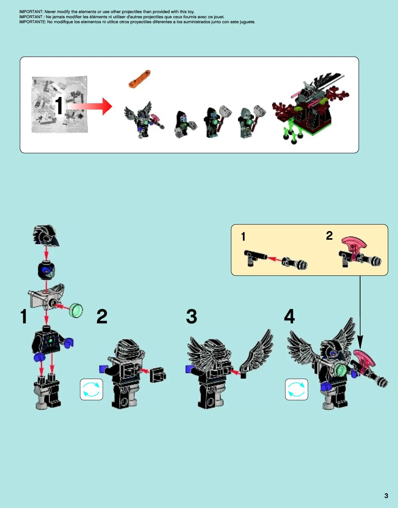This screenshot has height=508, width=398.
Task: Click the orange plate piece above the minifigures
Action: (139, 79)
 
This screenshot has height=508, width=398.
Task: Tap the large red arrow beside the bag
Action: (90, 106)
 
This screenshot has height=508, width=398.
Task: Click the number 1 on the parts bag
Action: (59, 106)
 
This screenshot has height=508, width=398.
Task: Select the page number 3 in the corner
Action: (386, 496)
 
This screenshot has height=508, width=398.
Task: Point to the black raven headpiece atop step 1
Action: (46, 236)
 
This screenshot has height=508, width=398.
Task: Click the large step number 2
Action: (102, 316)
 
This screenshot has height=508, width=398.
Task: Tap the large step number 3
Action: (192, 316)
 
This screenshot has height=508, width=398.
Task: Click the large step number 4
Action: (289, 316)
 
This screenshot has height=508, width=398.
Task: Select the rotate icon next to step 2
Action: (91, 389)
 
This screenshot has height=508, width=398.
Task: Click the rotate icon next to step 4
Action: (296, 389)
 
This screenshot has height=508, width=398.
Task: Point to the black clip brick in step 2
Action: (158, 375)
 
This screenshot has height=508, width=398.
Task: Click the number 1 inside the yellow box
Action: (243, 236)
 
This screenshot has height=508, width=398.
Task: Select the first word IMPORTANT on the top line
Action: (31, 12)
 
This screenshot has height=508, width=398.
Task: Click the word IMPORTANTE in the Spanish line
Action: (33, 22)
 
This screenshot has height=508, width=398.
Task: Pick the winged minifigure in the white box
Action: (144, 119)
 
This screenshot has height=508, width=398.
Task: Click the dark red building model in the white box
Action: (311, 109)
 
